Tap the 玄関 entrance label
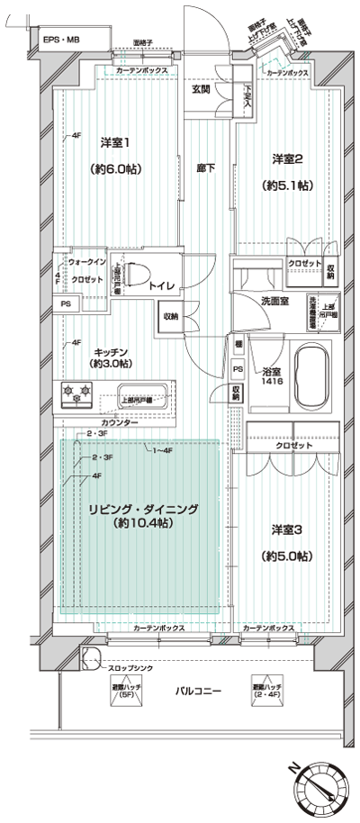coord(201,88)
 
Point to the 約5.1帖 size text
coord(287,185)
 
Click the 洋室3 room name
coord(287,530)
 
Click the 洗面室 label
coord(275,302)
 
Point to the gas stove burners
coord(76,393)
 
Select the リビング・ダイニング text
coord(142,510)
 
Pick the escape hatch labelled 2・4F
coord(265,691)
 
